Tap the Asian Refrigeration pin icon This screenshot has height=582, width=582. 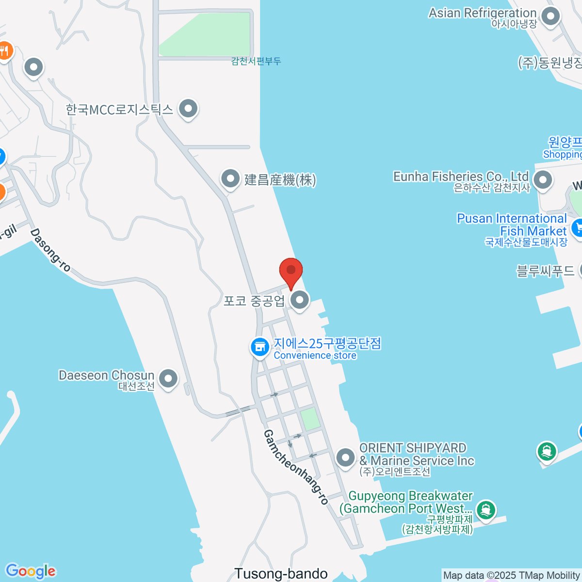tap(550, 16)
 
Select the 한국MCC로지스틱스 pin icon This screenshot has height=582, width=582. tap(188, 109)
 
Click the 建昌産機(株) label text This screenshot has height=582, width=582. tap(280, 180)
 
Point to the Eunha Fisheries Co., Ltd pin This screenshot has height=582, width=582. tap(543, 179)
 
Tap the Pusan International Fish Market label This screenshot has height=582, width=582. tap(512, 225)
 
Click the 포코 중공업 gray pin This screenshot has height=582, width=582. tap(300, 300)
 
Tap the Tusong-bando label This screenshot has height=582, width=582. tap(281, 574)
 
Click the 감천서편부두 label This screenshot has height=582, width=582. tap(256, 61)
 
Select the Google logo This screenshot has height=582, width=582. tap(31, 571)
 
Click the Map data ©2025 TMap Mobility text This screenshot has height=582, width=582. tap(511, 576)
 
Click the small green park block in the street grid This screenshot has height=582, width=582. tap(310, 419)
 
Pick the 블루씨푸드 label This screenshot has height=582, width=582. tap(546, 271)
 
